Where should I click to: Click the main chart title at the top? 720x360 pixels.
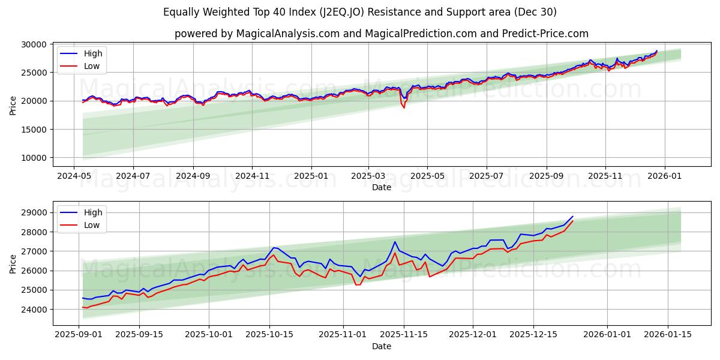(359, 12)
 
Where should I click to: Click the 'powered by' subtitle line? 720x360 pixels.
(381, 34)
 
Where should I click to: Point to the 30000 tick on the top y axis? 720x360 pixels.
(34, 44)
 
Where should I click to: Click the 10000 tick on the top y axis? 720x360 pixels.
(34, 158)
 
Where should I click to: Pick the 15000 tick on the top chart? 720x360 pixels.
(34, 130)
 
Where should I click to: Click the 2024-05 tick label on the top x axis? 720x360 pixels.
(74, 176)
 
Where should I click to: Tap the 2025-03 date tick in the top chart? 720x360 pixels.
(368, 176)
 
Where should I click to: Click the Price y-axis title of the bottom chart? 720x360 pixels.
(13, 263)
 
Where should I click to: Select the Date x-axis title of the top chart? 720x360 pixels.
(381, 187)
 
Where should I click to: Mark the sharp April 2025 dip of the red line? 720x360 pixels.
(404, 107)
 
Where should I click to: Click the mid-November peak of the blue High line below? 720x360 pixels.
(395, 242)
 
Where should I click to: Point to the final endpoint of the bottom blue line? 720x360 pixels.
(573, 216)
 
